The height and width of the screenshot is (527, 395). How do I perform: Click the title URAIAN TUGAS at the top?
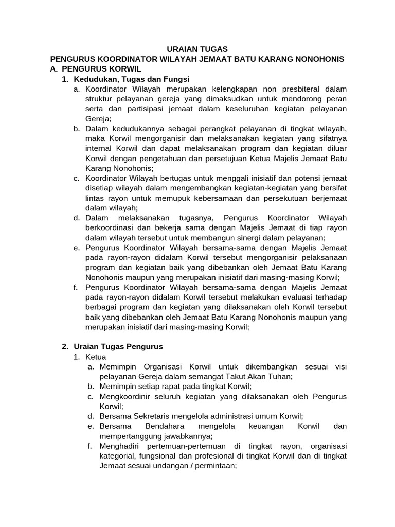197,49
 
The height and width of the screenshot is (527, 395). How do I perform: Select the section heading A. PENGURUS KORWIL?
95,69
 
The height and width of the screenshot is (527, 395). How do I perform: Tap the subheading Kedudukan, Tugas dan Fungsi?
132,79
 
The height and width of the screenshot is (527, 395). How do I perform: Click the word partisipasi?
140,109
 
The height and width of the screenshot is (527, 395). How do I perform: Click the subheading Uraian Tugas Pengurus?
118,347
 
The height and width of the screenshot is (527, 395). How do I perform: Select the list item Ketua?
96,357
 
